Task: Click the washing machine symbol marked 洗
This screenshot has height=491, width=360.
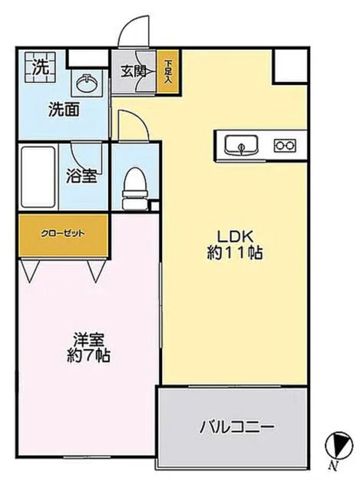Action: tap(40, 68)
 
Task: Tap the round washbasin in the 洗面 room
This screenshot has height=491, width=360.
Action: tap(88, 83)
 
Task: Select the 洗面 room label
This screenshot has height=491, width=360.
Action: tap(64, 110)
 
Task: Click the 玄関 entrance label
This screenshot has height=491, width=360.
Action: tap(133, 72)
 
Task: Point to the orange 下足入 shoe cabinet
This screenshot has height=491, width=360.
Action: tap(168, 71)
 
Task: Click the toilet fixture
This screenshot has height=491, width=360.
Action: tap(135, 189)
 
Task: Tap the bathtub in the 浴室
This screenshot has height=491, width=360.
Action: tap(38, 177)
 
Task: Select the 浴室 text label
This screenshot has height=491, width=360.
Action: tap(81, 176)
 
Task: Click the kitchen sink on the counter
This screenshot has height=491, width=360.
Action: tap(241, 145)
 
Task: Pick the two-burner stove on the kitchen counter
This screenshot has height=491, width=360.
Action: tap(285, 145)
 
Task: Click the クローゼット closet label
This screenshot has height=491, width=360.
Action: tap(63, 233)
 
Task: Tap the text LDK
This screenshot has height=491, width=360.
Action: tap(235, 236)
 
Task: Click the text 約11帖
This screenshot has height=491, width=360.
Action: tap(235, 252)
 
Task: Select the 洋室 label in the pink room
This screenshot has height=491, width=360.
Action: tap(88, 340)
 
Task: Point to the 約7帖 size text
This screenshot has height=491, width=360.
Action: tap(88, 355)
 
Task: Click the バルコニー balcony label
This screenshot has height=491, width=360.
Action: tap(237, 427)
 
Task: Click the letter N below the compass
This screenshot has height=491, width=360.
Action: tap(333, 466)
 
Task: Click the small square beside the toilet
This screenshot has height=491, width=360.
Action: tap(155, 206)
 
